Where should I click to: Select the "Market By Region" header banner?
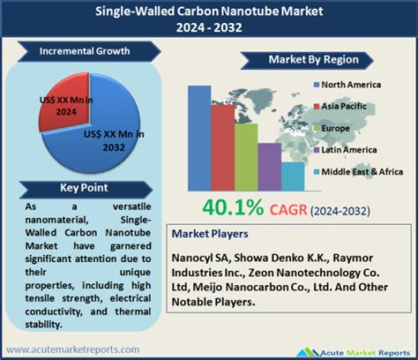(295, 59)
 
